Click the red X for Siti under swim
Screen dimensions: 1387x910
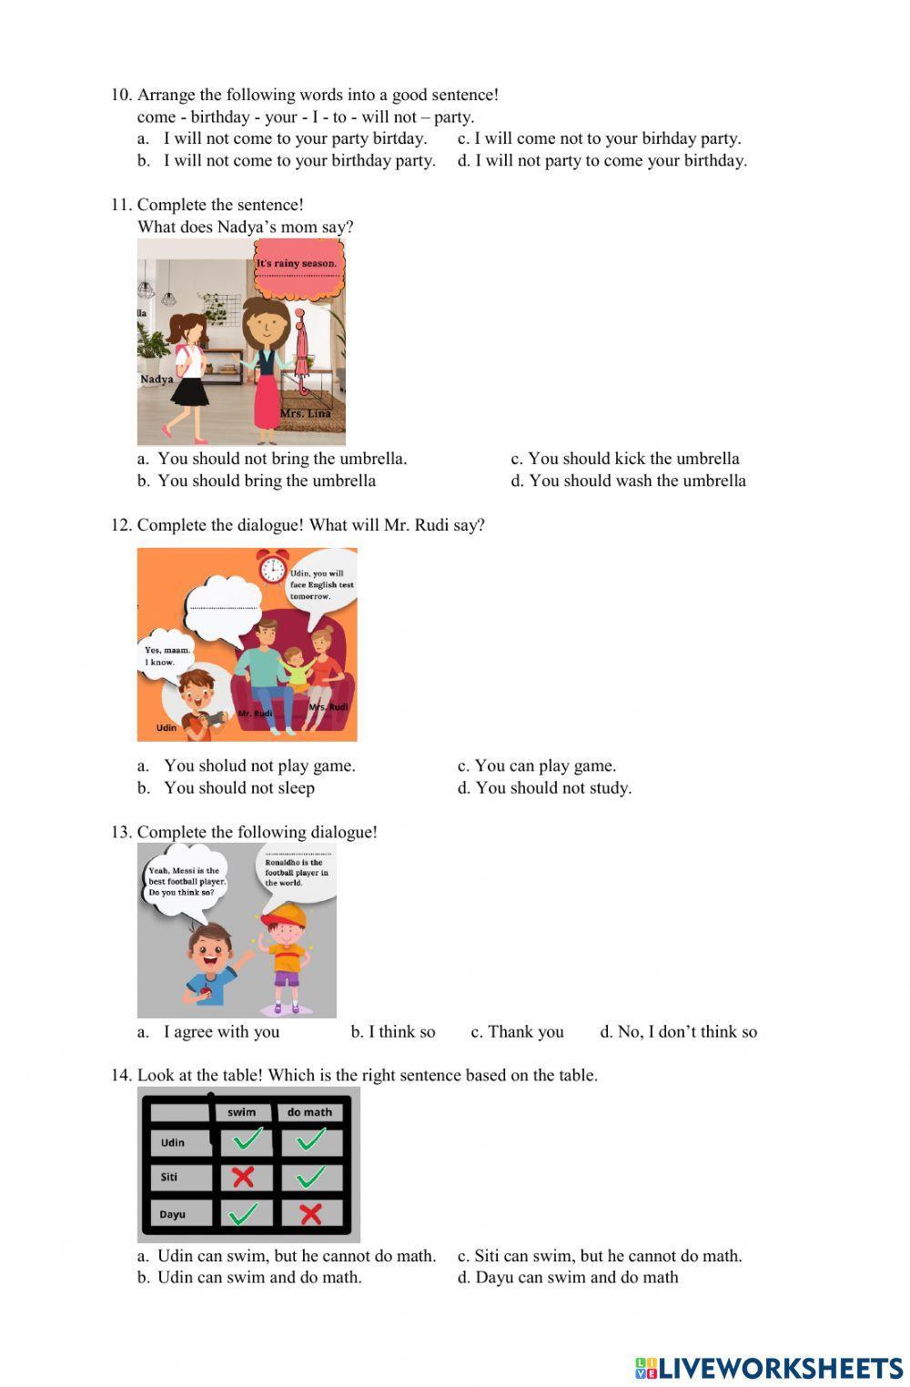coord(242,1177)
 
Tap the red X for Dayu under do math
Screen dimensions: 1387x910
coord(310,1213)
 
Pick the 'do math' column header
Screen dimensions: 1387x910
coord(309,1111)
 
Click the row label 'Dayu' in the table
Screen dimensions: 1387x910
coord(173,1214)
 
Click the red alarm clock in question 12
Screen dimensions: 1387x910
coord(271,567)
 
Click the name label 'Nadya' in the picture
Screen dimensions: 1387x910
coord(157,380)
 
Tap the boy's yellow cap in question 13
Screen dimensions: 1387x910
coord(283,913)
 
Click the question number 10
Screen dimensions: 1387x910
coord(122,95)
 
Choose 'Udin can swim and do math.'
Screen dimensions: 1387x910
coord(259,1277)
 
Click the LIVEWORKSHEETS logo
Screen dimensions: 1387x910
coord(768,1367)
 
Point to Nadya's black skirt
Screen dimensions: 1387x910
coord(190,390)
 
